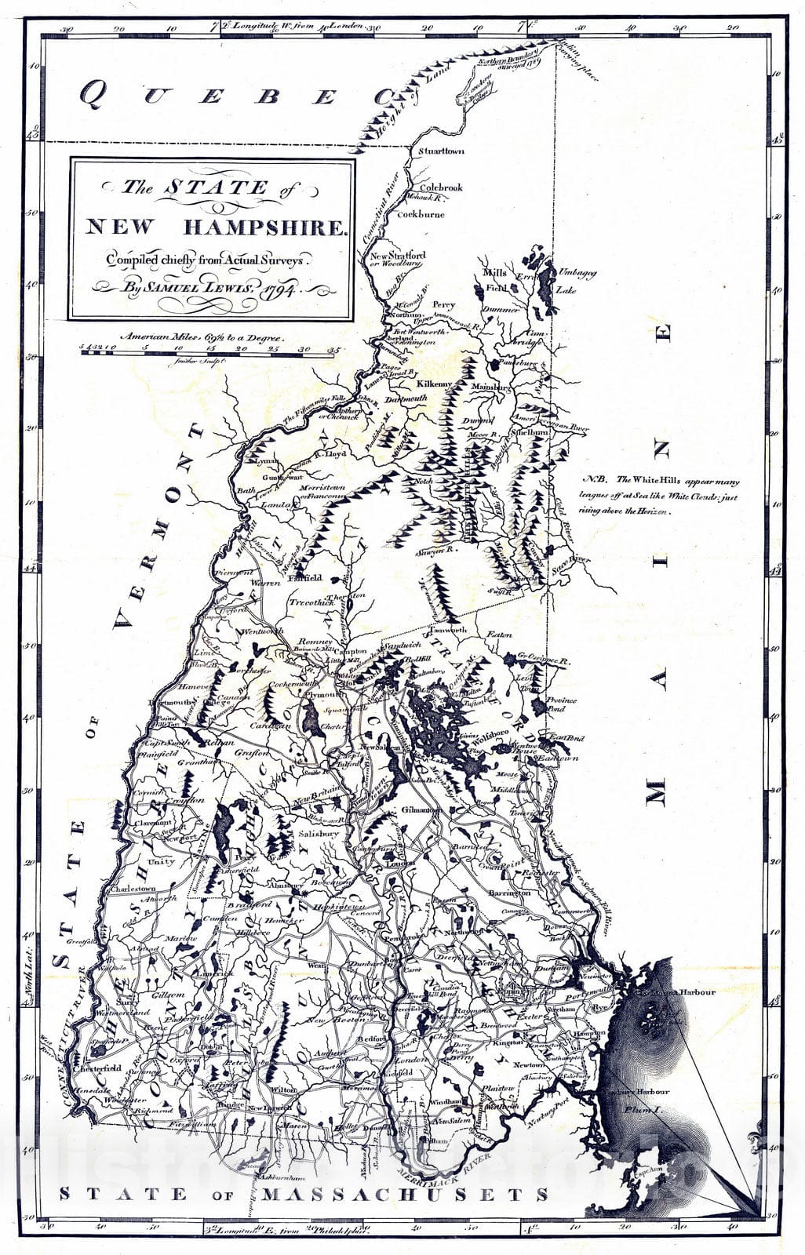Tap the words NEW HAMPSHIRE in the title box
pyautogui.click(x=215, y=228)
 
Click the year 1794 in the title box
pyautogui.click(x=278, y=288)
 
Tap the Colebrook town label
pyautogui.click(x=441, y=188)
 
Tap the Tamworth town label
pyautogui.click(x=447, y=630)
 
